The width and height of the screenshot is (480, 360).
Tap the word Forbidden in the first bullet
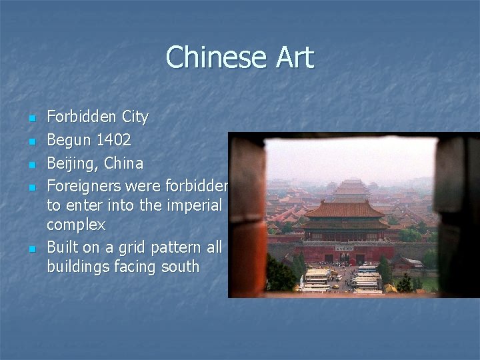pos(81,117)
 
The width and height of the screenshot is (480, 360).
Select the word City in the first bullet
pos(135,117)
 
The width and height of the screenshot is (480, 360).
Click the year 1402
pos(113,141)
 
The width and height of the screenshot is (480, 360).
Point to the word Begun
pos(69,141)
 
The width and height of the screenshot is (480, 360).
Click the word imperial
pos(190,205)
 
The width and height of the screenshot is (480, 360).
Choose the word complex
pos(75,225)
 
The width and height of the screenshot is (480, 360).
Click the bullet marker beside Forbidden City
pos(31,119)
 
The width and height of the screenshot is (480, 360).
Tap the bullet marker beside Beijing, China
pos(31,164)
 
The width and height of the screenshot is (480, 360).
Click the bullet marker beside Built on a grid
pos(31,249)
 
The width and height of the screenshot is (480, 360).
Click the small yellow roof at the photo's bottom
pos(391,288)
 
